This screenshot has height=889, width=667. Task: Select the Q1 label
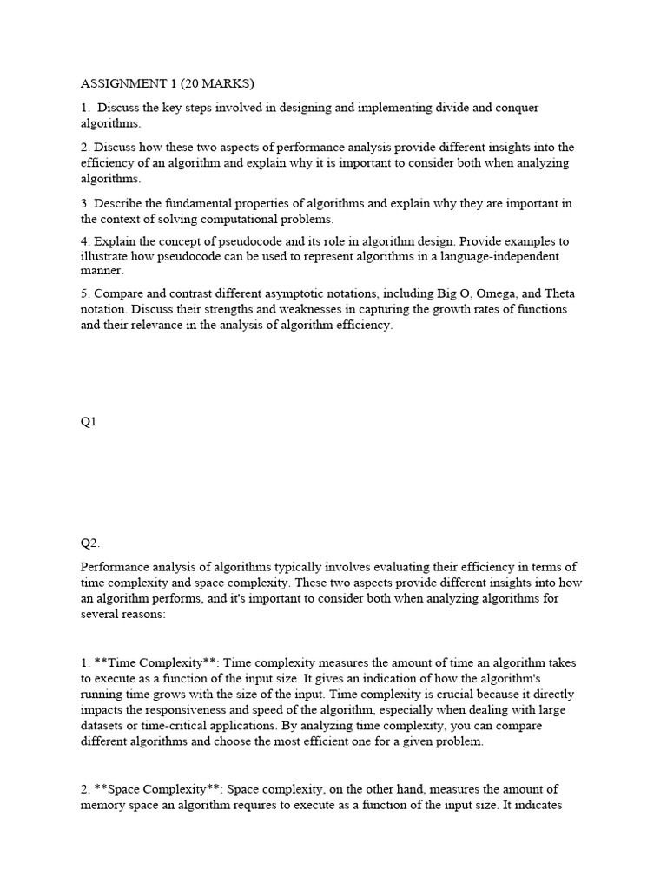point(89,421)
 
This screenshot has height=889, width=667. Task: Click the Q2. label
point(90,543)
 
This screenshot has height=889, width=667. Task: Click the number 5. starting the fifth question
point(86,293)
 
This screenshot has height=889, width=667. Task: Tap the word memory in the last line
point(104,805)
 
